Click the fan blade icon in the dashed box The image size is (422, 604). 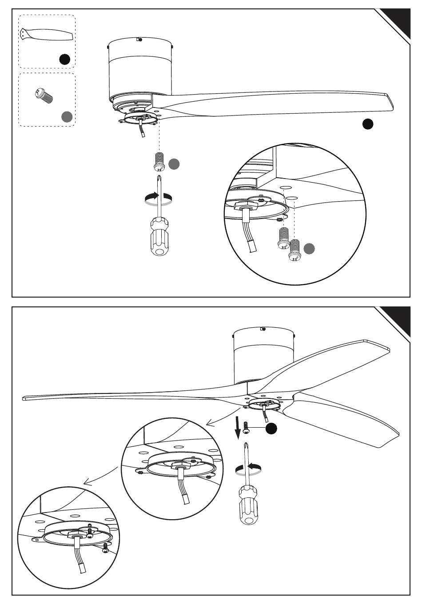46,34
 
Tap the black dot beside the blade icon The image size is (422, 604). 65,59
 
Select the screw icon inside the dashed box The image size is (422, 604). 43,95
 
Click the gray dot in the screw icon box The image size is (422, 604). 67,116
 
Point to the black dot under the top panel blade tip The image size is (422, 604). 368,124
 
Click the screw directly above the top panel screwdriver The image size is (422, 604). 159,161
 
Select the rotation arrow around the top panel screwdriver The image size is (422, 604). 159,199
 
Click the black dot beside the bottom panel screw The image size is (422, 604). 271,429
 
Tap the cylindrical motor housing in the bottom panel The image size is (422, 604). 264,355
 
